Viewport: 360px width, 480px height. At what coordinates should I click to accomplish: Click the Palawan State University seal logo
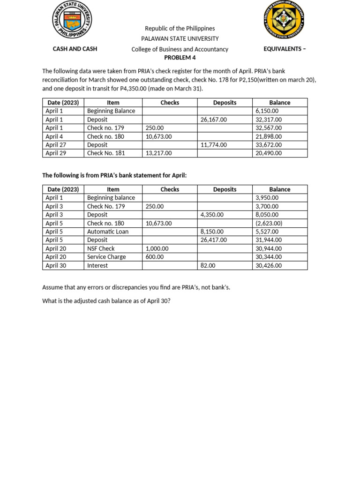click(72, 20)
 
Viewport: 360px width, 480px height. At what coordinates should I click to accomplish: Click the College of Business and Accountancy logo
click(284, 20)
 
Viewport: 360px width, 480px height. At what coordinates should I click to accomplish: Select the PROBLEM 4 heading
click(180, 58)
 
